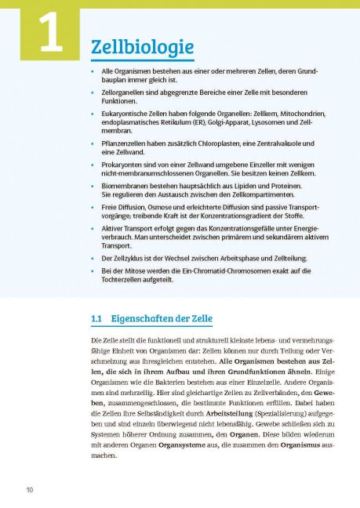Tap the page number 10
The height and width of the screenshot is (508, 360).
pos(29,490)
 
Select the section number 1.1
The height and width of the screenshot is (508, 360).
pos(98,320)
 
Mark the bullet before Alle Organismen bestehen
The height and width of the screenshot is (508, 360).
pos(94,71)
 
